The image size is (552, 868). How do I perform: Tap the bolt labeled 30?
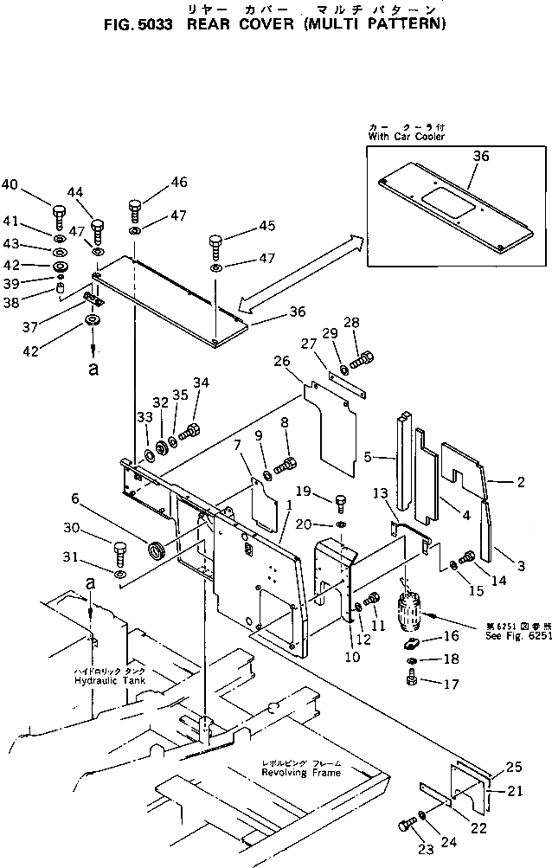tap(119, 551)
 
